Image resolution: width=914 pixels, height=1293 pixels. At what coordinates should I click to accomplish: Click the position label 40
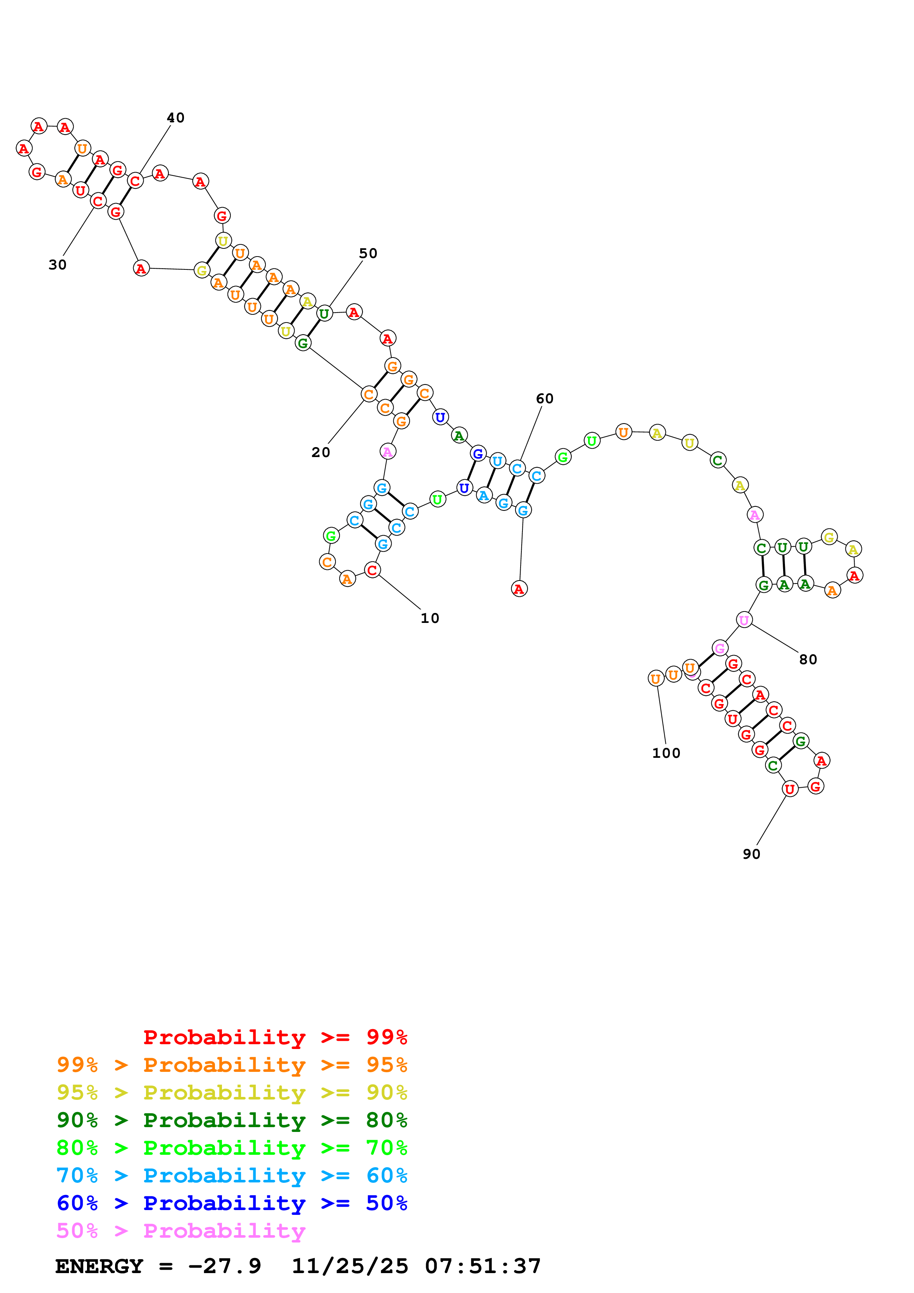click(x=175, y=118)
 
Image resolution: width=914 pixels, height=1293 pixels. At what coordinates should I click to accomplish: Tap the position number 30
click(x=58, y=265)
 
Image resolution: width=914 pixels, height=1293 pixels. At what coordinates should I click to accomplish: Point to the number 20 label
click(x=320, y=452)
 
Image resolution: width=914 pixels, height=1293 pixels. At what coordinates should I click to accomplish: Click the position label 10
click(x=430, y=618)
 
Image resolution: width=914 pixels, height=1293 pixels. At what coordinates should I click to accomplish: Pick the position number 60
click(x=545, y=399)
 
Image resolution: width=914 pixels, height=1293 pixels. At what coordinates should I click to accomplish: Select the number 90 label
click(x=751, y=854)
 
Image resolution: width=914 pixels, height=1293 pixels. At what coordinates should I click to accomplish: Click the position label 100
click(x=666, y=753)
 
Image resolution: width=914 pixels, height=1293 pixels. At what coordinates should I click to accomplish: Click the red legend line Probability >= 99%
click(x=275, y=1037)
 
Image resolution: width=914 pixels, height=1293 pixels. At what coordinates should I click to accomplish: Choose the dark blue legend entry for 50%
click(x=232, y=1203)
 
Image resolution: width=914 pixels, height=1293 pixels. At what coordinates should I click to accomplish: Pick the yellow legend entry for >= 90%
click(x=232, y=1092)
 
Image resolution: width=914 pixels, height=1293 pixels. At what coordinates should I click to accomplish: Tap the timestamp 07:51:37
click(x=483, y=1266)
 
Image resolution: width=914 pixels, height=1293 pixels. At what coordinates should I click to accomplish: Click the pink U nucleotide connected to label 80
click(x=744, y=620)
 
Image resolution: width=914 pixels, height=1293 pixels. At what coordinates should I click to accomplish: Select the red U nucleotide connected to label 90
click(x=789, y=789)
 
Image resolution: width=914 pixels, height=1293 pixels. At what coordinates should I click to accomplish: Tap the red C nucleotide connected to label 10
click(x=372, y=570)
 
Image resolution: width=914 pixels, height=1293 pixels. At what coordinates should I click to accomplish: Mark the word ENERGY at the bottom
click(x=99, y=1266)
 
